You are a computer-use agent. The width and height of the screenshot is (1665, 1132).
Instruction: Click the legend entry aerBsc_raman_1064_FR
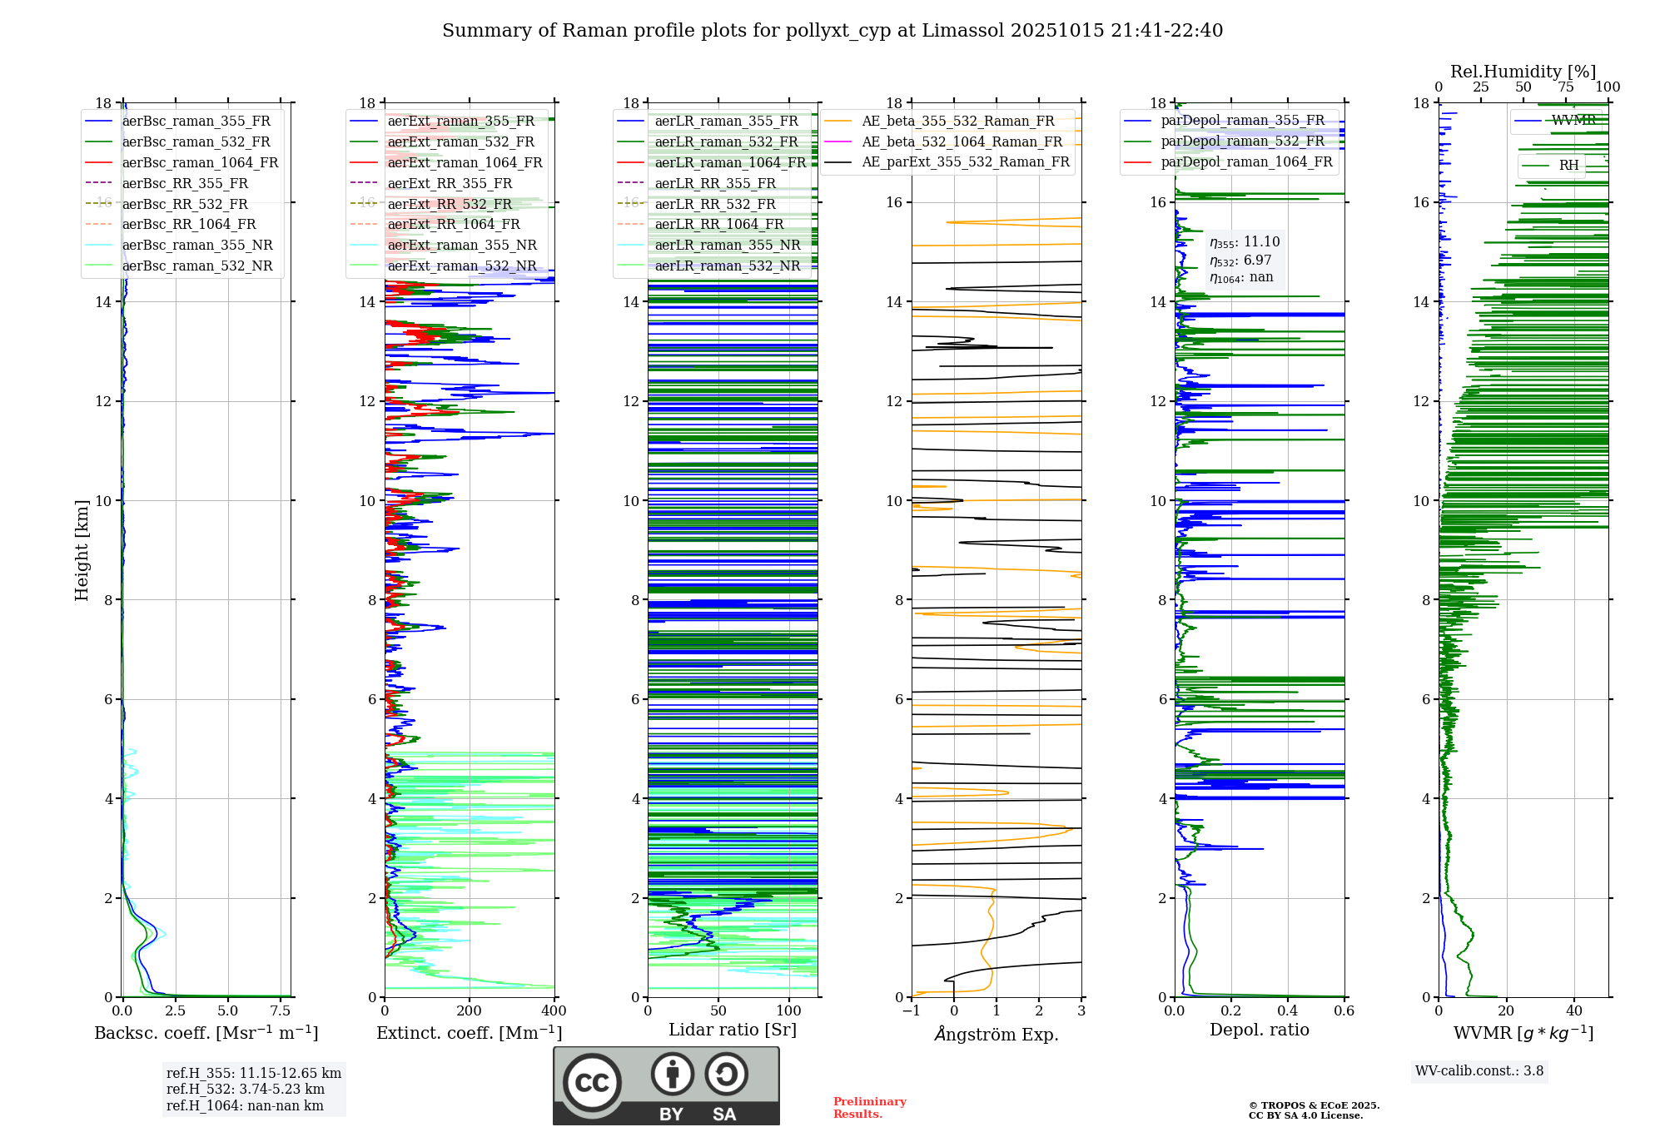[200, 162]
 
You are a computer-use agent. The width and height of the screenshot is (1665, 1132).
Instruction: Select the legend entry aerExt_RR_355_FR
[450, 183]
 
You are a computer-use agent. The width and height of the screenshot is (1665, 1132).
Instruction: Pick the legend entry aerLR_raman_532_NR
[727, 266]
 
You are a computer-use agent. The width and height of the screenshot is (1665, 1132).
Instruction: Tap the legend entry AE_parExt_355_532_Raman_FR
[965, 161]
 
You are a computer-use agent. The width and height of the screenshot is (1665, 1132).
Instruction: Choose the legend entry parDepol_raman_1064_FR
[1246, 161]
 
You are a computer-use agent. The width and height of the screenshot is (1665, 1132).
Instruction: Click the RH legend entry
[1568, 165]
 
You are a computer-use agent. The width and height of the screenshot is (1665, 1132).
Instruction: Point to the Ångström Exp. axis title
[997, 1034]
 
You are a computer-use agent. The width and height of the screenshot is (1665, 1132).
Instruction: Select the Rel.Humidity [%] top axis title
[1523, 72]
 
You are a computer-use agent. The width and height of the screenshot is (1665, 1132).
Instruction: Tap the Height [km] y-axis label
[82, 550]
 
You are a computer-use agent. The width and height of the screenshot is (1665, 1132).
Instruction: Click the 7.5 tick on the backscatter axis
[281, 1011]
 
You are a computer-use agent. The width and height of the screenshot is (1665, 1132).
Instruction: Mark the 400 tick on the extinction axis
[554, 1011]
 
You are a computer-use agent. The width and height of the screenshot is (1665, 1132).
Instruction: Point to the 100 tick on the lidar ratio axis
[788, 1011]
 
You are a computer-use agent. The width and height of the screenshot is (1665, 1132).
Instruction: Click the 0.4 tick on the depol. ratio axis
[1288, 1011]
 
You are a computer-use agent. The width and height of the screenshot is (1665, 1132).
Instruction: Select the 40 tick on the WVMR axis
[1573, 1011]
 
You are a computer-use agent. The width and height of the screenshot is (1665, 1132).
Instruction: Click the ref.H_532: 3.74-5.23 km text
[245, 1089]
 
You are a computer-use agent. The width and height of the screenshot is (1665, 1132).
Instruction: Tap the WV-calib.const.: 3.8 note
[1479, 1070]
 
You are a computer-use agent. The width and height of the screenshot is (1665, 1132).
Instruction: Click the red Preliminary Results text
[869, 1107]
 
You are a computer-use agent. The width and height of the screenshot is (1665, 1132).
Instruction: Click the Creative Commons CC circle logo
[592, 1083]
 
